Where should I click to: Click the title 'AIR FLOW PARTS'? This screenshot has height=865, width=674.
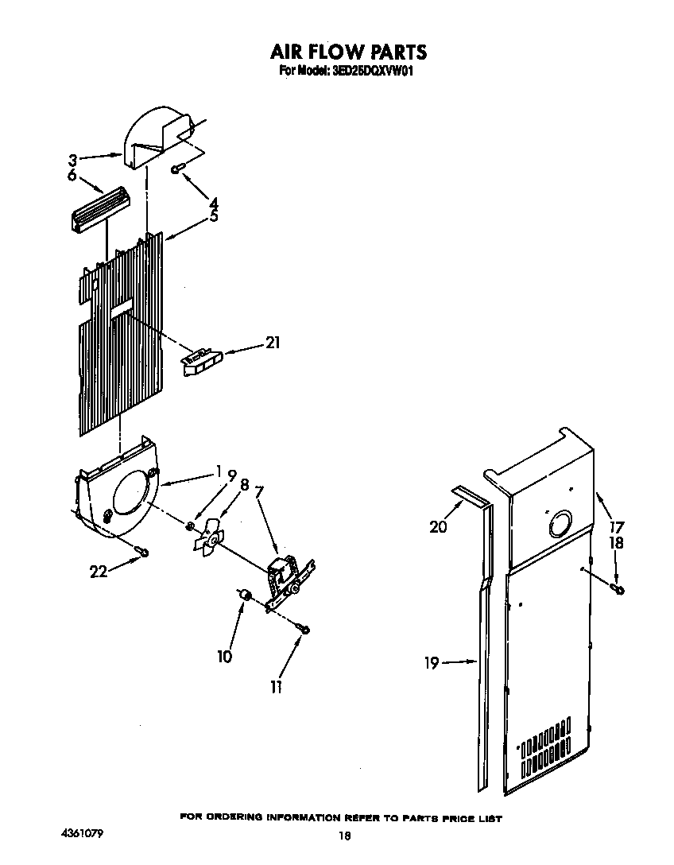(348, 52)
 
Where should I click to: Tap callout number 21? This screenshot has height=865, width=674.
(273, 343)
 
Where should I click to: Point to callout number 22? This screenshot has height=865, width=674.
(99, 570)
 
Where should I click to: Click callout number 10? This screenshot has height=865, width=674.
(225, 656)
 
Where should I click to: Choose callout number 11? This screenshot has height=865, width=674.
(276, 687)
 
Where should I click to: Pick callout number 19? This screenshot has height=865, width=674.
(431, 662)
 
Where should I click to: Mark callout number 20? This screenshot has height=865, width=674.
(438, 526)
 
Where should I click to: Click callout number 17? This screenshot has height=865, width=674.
(617, 526)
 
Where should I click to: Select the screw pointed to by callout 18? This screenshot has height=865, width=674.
(617, 588)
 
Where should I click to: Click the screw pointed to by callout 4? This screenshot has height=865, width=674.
(178, 167)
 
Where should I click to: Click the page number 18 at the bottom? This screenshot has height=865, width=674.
(344, 835)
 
